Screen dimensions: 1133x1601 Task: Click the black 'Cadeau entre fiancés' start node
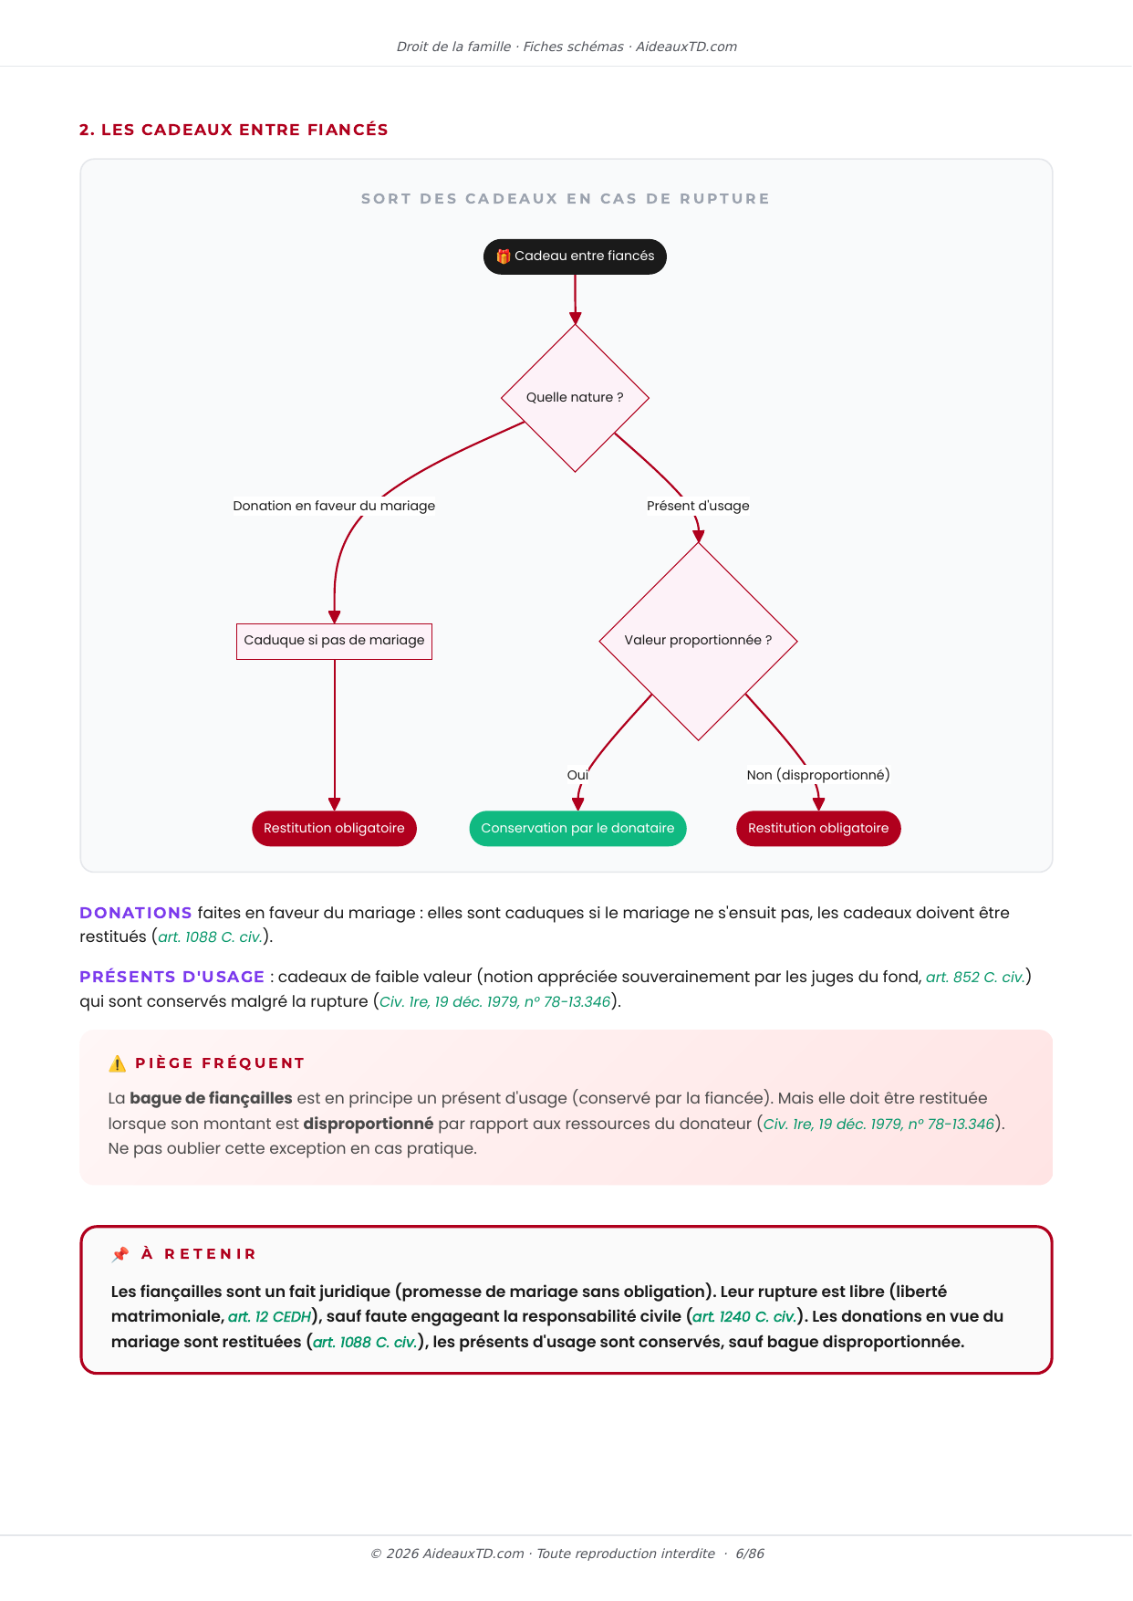coord(575,256)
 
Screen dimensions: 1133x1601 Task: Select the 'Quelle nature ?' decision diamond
coord(575,398)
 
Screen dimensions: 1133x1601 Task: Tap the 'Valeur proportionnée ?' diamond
coord(698,641)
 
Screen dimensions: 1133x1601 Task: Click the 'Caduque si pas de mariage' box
coord(334,641)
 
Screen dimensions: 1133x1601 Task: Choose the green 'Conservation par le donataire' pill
coord(577,829)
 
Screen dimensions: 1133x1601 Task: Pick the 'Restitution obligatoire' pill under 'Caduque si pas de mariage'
coord(334,829)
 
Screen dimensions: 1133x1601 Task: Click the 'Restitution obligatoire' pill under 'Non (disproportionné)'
coord(818,829)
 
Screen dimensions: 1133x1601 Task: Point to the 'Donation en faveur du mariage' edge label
coord(334,506)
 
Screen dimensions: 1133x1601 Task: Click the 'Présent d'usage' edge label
coord(698,506)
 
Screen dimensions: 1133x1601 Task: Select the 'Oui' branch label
coord(577,775)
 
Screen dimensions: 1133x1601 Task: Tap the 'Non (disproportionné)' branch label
coord(818,775)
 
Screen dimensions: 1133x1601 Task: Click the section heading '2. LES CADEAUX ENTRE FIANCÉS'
coord(234,130)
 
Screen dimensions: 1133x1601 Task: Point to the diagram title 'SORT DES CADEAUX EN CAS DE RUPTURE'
coord(566,199)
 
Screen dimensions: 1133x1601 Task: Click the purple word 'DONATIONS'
coord(136,913)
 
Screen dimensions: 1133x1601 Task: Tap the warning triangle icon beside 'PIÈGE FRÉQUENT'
coord(118,1063)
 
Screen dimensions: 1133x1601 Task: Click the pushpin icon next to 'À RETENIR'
coord(120,1254)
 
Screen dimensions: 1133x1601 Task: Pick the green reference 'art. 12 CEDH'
coord(270,1317)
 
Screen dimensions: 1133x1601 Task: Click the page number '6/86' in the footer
coord(750,1554)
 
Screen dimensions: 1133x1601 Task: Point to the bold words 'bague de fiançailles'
coord(211,1098)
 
